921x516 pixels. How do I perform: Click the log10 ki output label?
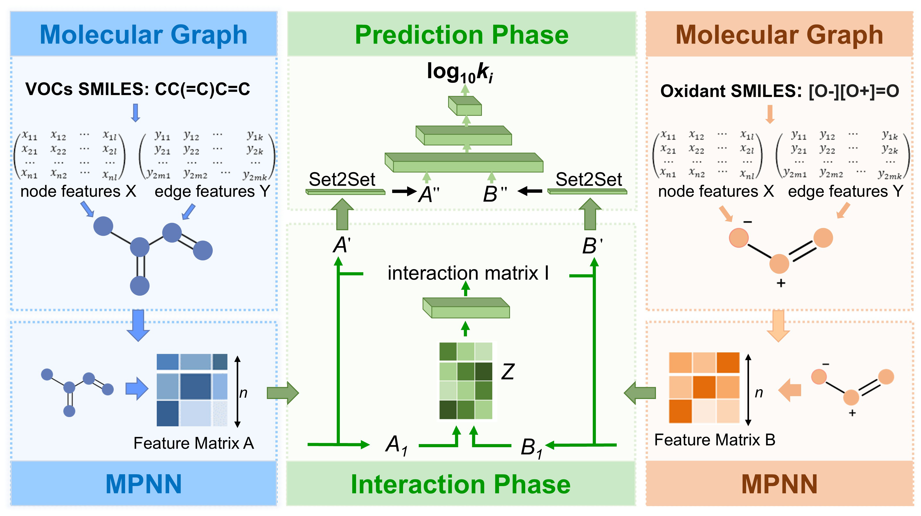click(460, 72)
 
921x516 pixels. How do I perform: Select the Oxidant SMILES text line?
click(779, 91)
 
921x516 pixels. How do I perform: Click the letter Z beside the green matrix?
click(508, 372)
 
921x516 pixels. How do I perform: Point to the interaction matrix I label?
click(468, 273)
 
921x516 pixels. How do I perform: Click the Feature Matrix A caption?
click(193, 443)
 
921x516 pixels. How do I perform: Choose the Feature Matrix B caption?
click(714, 439)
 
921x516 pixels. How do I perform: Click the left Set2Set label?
click(342, 179)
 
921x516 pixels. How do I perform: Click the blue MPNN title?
click(143, 484)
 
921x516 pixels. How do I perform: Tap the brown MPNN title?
click(779, 484)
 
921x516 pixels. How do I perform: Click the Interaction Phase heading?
click(460, 484)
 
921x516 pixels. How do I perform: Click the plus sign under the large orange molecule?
click(781, 283)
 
